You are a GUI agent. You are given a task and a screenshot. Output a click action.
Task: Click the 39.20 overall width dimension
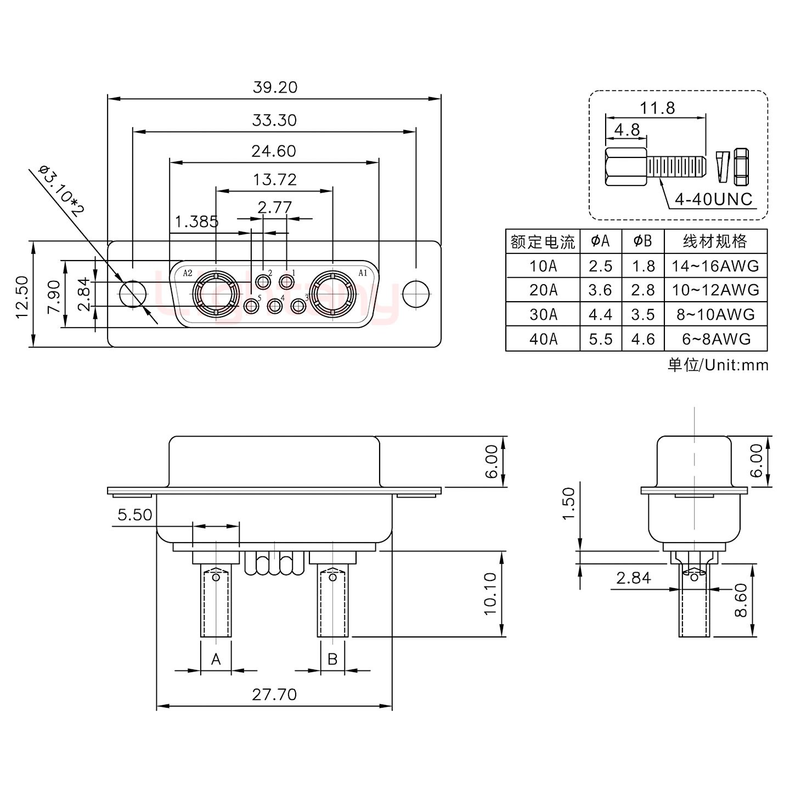point(275,87)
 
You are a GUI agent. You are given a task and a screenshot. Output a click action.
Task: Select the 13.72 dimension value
point(274,179)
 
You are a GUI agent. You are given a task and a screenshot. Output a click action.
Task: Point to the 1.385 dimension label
point(196,222)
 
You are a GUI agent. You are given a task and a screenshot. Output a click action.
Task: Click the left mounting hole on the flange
point(132,294)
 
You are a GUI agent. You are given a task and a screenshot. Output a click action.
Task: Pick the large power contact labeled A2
point(216,294)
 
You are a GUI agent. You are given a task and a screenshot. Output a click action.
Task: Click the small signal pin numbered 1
point(286,283)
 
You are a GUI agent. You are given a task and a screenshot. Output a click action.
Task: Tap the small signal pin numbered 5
point(252,306)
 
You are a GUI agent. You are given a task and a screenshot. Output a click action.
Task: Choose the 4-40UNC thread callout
point(713,199)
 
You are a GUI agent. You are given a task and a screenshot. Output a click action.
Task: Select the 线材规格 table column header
point(715,241)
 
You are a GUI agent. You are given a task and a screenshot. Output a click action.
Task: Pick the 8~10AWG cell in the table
point(715,314)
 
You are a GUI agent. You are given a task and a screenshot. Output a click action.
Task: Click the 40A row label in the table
point(543,339)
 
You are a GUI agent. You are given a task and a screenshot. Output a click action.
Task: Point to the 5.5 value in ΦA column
point(600,339)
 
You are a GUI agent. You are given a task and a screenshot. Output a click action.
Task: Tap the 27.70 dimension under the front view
point(274,695)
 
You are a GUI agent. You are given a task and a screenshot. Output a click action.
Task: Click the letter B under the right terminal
point(332,658)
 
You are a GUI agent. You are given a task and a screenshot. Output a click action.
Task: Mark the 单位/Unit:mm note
point(718,365)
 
